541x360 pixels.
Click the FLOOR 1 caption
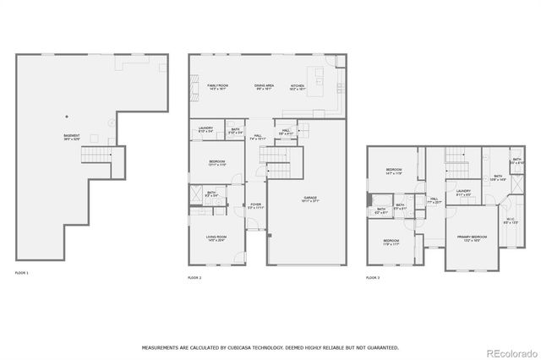point(22,273)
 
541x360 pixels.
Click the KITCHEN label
point(297,86)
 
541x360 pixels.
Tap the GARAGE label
point(310,199)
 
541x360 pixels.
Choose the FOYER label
point(255,205)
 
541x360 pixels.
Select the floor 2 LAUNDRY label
point(205,129)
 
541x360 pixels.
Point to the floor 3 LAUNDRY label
point(463,192)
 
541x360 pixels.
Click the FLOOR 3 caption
point(373,276)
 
